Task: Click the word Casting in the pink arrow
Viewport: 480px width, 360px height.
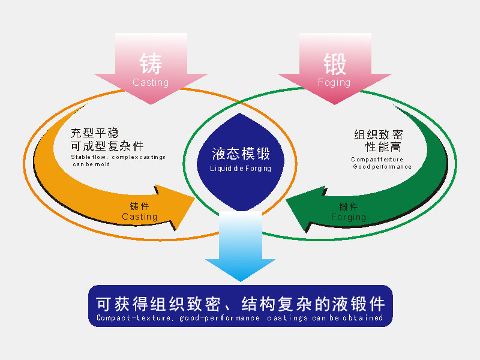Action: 151,82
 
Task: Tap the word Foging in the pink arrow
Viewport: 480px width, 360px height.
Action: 334,83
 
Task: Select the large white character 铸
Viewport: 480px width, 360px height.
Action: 151,64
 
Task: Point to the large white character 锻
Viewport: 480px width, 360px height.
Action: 335,64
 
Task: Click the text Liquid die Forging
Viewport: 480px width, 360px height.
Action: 241,169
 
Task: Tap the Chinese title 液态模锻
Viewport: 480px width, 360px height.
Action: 241,154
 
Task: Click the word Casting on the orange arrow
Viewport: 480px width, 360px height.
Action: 139,217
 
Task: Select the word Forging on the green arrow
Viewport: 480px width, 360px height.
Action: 349,217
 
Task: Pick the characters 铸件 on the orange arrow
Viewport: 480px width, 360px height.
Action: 139,206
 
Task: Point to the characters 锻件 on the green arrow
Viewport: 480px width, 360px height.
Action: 349,206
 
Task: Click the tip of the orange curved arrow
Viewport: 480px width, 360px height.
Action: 194,199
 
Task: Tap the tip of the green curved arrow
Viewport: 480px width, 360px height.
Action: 286,200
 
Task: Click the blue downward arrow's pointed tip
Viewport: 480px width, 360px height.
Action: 241,281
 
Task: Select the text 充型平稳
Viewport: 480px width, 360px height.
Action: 94,133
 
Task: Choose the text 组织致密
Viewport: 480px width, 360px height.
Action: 379,134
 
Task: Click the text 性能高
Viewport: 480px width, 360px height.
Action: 383,147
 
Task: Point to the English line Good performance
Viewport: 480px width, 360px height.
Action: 382,167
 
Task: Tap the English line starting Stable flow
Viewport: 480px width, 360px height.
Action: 118,157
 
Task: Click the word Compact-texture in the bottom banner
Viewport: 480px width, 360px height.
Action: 133,318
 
